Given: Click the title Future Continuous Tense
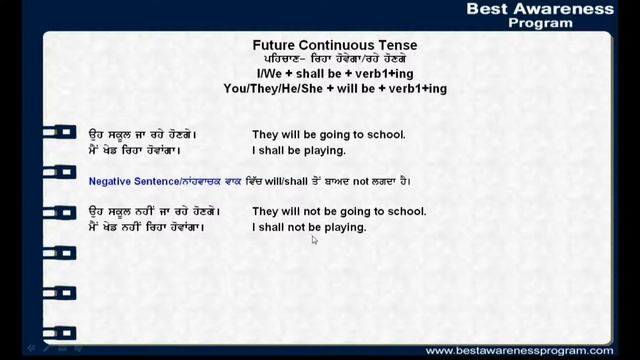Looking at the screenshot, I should click(x=334, y=45).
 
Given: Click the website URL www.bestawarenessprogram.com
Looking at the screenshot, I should click(x=519, y=351).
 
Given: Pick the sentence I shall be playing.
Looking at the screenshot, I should click(x=298, y=151).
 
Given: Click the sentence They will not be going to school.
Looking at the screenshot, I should click(x=338, y=212).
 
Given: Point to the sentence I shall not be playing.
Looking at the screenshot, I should click(x=308, y=228).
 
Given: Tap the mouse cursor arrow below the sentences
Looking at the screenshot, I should click(x=314, y=240).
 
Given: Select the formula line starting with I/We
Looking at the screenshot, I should click(x=334, y=75).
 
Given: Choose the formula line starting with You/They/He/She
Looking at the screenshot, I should click(x=334, y=89).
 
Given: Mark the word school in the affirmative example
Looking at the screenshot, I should click(x=386, y=135).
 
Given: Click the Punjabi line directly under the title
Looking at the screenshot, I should click(x=334, y=60).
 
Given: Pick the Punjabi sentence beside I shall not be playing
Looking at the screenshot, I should click(x=146, y=228).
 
